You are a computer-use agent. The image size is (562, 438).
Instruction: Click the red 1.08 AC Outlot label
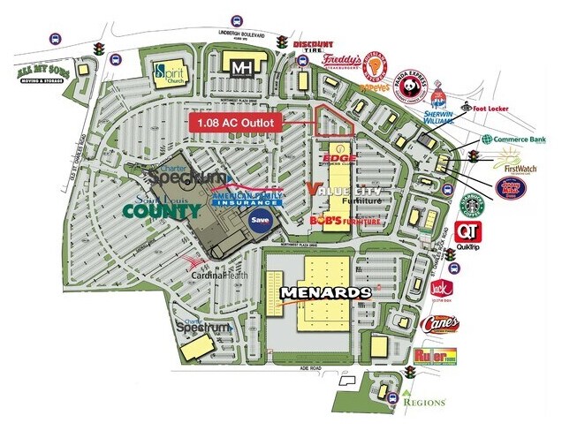[x=239, y=121]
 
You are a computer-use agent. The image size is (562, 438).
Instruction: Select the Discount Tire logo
[x=312, y=49]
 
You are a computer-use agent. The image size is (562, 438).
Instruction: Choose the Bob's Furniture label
[x=345, y=222]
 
